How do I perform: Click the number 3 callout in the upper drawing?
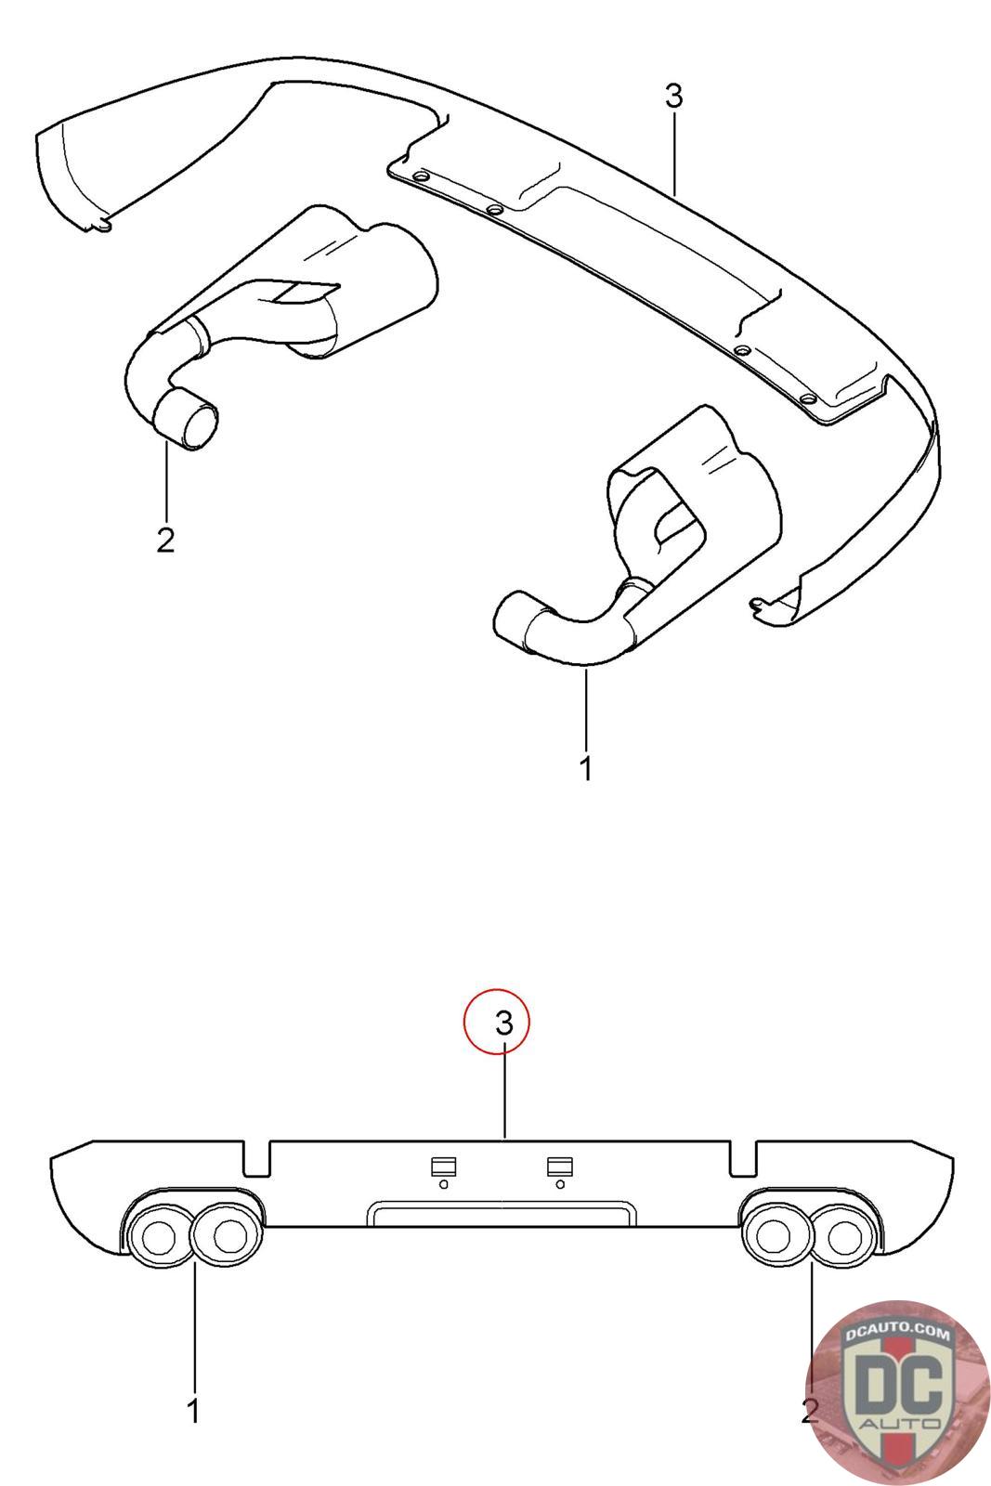(x=673, y=97)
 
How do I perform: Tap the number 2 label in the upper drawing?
(x=165, y=540)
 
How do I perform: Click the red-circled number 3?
(x=504, y=1023)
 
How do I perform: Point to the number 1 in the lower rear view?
(x=194, y=1412)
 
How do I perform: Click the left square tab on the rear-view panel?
(x=442, y=1166)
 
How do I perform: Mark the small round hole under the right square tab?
(x=559, y=1184)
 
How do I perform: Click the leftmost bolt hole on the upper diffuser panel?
(x=421, y=176)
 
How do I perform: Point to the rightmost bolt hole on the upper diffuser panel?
(x=806, y=399)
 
